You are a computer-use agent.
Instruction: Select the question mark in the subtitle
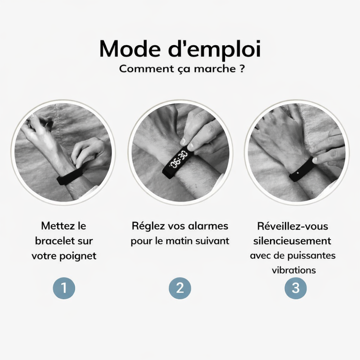click(242, 69)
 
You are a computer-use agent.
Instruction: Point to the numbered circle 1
click(64, 288)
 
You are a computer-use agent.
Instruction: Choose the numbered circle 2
click(180, 288)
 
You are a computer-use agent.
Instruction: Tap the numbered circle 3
click(296, 288)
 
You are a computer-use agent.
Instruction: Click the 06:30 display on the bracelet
click(179, 159)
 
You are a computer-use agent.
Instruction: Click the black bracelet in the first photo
click(69, 177)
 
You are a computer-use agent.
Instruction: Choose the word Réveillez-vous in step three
click(293, 226)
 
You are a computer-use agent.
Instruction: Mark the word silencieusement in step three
click(292, 241)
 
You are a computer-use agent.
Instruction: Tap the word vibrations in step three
click(294, 270)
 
